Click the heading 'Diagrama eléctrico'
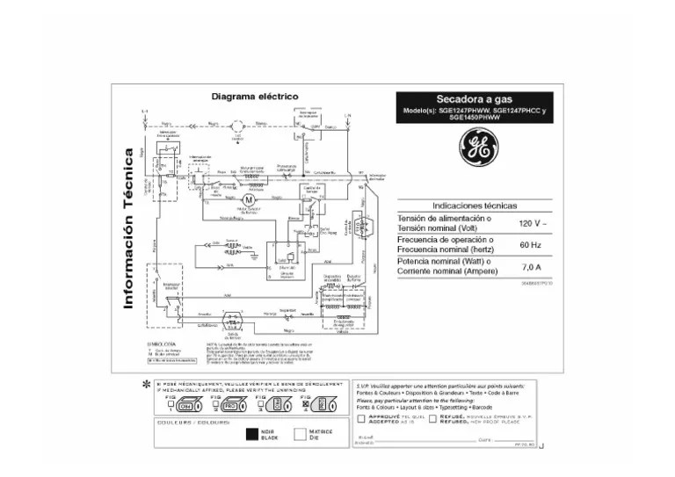(255, 96)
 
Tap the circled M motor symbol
(247, 201)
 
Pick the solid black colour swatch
(252, 433)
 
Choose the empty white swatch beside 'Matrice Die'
(300, 433)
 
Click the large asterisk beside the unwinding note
(146, 386)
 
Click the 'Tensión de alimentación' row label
(445, 223)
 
